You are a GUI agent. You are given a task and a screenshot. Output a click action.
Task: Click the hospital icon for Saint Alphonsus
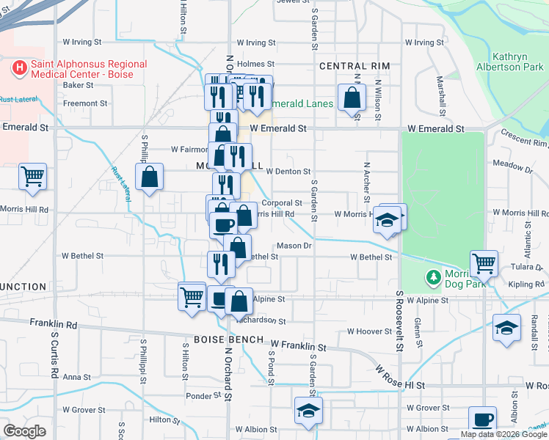pyautogui.click(x=19, y=69)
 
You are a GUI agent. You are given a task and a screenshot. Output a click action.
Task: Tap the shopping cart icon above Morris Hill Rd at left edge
pyautogui.click(x=33, y=176)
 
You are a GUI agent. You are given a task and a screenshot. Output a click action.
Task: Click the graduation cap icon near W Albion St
pyautogui.click(x=308, y=411)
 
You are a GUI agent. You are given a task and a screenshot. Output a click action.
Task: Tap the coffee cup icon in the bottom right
pyautogui.click(x=482, y=419)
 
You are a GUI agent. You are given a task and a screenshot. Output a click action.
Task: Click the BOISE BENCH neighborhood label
pyautogui.click(x=224, y=340)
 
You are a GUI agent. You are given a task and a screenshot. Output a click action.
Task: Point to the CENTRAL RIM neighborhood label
pyautogui.click(x=355, y=66)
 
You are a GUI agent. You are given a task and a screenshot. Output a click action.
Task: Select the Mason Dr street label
pyautogui.click(x=294, y=246)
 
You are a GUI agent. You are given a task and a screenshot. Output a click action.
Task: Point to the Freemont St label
pyautogui.click(x=85, y=103)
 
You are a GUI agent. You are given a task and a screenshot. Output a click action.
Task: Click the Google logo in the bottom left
pyautogui.click(x=24, y=431)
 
